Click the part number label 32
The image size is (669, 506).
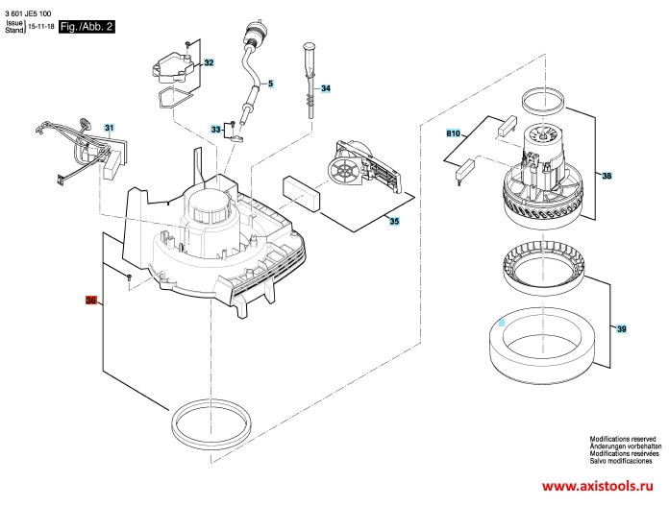(x=209, y=62)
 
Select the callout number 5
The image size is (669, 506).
(x=270, y=84)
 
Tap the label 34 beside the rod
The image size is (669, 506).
(x=326, y=88)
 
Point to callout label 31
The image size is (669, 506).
(x=110, y=128)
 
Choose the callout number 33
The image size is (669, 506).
(x=216, y=130)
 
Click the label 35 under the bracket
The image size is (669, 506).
(x=394, y=221)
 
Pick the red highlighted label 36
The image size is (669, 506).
(x=91, y=301)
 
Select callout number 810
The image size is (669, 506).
(x=453, y=133)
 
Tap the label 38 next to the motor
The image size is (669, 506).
(x=607, y=175)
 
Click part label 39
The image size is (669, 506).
(x=622, y=328)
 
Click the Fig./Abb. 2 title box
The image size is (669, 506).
(x=87, y=27)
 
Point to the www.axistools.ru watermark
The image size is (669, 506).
(x=597, y=486)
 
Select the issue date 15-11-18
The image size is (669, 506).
(x=41, y=27)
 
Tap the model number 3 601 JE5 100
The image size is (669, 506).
(x=28, y=13)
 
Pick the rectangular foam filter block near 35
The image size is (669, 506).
(x=300, y=193)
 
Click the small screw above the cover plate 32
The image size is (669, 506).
(x=186, y=44)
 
